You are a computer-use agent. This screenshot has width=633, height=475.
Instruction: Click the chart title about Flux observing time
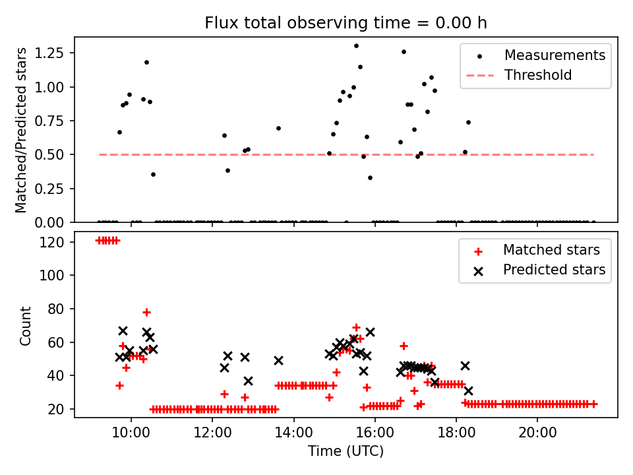click(346, 22)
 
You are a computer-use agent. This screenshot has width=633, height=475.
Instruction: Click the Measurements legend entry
click(555, 55)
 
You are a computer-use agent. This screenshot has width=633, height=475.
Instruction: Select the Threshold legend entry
click(537, 75)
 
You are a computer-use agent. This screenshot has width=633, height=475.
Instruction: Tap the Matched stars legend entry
click(551, 250)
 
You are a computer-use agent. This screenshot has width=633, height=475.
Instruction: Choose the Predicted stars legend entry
click(554, 270)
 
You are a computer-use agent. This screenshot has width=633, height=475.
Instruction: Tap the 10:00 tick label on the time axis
click(131, 432)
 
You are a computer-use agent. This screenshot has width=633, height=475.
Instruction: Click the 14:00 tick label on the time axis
click(293, 432)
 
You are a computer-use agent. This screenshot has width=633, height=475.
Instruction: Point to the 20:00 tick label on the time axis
click(537, 432)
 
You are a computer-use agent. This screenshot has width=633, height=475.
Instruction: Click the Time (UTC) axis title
click(346, 451)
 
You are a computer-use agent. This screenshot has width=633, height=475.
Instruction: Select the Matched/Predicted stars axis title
click(21, 130)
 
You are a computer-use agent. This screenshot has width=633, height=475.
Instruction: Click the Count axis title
click(25, 325)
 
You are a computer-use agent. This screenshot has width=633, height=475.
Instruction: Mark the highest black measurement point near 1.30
click(356, 46)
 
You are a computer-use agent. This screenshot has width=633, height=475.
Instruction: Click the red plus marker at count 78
click(146, 312)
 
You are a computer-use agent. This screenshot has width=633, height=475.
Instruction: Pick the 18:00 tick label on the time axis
click(456, 432)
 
